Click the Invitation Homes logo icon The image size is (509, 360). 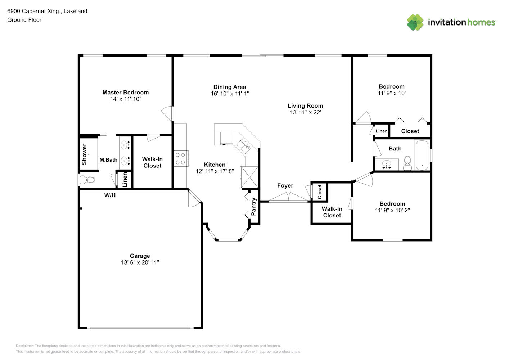click(415, 22)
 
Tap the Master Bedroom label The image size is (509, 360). click(126, 93)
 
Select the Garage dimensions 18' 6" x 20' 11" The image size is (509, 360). click(140, 262)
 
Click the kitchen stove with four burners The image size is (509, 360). click(181, 158)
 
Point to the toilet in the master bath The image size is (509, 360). click(87, 180)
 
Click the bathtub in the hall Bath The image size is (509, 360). click(422, 155)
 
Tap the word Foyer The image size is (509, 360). click(285, 186)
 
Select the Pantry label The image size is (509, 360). click(253, 207)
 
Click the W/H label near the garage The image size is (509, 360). click(110, 195)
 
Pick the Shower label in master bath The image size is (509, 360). click(84, 154)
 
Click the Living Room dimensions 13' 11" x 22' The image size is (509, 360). click(305, 112)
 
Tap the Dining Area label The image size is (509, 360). click(230, 87)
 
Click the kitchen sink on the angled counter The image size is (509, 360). click(244, 147)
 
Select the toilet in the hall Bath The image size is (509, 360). click(407, 163)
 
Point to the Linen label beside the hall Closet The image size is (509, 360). click(382, 131)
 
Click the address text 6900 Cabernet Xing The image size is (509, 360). click(33, 11)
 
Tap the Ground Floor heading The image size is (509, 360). click(24, 20)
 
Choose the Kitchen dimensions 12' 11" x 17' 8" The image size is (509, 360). click(215, 171)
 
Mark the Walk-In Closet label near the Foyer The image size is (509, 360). click(332, 212)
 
